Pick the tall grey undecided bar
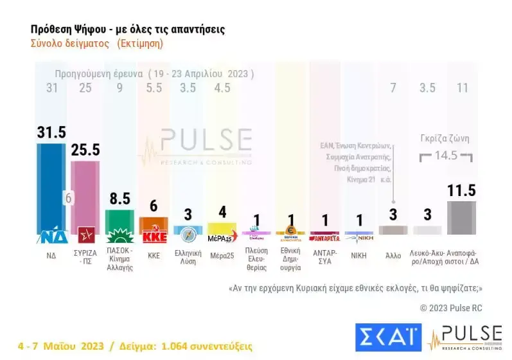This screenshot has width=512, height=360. coord(462,217)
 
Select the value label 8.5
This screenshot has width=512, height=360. coord(119,199)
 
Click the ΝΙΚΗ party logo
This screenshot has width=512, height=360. coord(359,236)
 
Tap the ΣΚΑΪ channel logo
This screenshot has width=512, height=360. coord(387,337)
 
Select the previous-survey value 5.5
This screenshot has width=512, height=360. coord(154,88)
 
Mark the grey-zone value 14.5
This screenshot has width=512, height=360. coord(445,156)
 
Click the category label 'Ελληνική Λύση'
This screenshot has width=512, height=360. coord(188,258)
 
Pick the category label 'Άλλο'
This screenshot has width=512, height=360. coord(393,255)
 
